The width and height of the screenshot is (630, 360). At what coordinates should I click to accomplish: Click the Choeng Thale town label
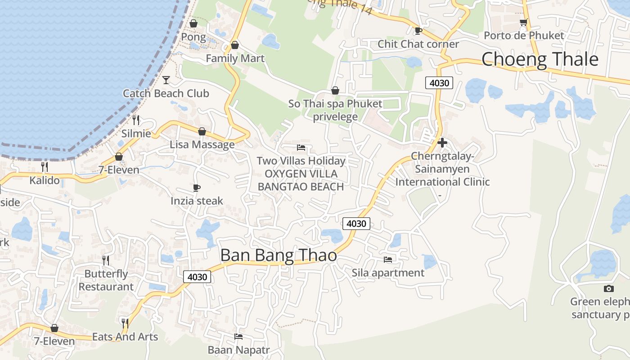[x=540, y=59]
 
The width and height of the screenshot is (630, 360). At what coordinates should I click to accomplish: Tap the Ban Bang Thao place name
[x=279, y=255]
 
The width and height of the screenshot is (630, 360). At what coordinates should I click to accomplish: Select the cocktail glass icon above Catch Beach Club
[x=166, y=80]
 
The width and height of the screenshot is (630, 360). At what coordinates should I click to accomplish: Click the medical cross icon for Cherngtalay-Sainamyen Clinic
[x=442, y=143]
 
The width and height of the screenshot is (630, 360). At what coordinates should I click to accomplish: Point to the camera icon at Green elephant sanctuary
[x=608, y=288]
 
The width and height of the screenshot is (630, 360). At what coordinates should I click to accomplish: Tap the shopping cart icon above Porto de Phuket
[x=523, y=22]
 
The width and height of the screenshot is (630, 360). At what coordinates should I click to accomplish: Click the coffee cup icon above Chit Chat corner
[x=418, y=31]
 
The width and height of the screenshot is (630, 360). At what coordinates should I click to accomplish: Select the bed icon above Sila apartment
[x=387, y=260]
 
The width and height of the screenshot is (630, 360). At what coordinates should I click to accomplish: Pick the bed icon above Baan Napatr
[x=238, y=337]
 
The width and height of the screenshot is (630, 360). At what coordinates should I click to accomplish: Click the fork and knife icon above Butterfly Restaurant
[x=106, y=260]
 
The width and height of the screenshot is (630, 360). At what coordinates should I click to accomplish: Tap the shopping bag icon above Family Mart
[x=234, y=45]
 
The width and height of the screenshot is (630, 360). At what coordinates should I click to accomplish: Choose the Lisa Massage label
[x=202, y=144]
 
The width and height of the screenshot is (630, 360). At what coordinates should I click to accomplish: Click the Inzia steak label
[x=197, y=201]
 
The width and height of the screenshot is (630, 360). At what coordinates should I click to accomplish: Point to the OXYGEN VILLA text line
[x=301, y=174]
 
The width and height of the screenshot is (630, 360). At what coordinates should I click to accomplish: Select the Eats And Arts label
[x=125, y=337]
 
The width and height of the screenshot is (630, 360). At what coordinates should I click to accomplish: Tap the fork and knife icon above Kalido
[x=45, y=167]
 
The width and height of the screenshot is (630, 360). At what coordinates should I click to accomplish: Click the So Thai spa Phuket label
[x=335, y=103]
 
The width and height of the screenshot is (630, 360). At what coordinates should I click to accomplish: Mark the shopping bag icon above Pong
[x=193, y=23]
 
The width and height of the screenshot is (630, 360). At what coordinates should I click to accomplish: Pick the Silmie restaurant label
[x=136, y=134]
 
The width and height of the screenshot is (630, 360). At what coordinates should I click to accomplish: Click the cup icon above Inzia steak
[x=196, y=188]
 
